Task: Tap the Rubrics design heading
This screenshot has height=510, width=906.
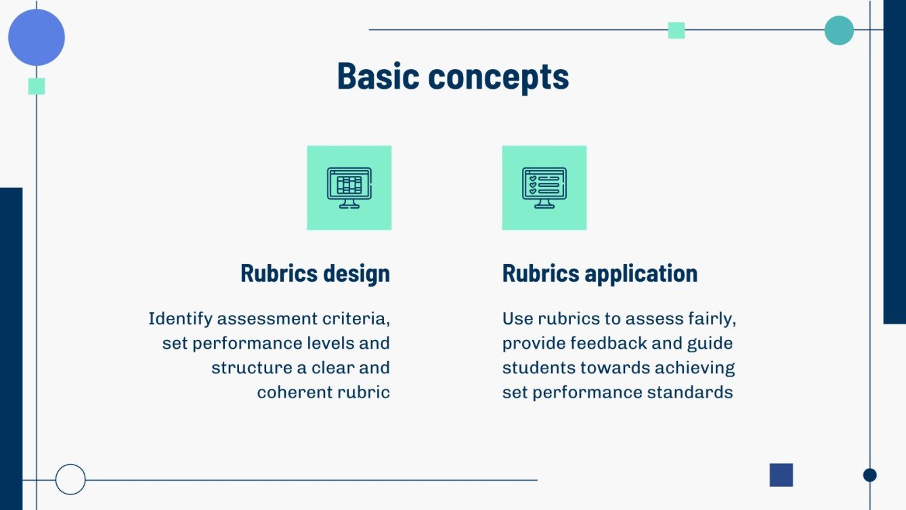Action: pos(315,274)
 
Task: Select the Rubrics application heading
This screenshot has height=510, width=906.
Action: pos(599,274)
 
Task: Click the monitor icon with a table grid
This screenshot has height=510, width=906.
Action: pos(349,188)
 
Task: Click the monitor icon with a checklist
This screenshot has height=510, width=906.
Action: pos(544,188)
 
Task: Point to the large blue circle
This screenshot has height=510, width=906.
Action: pos(37,37)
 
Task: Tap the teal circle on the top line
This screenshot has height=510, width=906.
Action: pos(839,30)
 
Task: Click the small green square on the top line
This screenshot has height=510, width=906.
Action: pos(676,30)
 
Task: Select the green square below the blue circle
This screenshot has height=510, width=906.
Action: pos(37,86)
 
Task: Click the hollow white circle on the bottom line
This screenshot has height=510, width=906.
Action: pos(70,480)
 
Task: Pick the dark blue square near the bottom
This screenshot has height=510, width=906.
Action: pos(781,475)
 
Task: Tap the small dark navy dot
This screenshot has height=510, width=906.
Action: pos(869,475)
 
